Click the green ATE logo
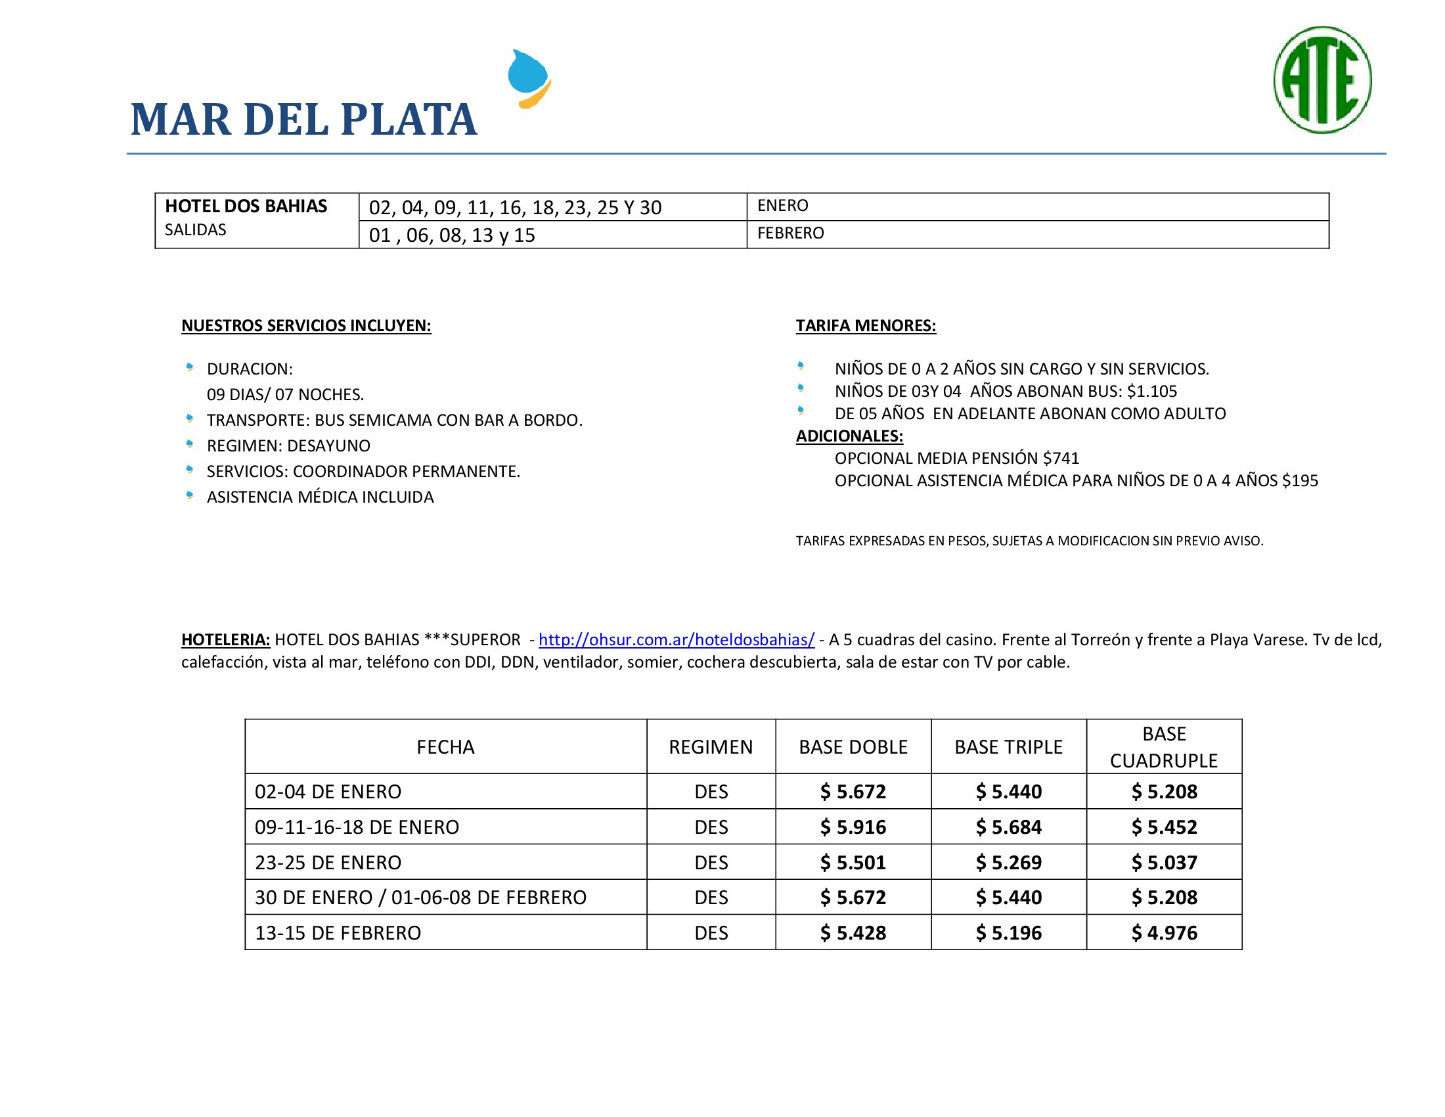[x=1322, y=80]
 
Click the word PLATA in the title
[x=409, y=120]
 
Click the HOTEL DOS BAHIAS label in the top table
[x=246, y=206]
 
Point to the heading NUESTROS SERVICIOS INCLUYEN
[x=305, y=325]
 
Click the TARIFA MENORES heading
[x=866, y=325]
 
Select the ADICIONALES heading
[x=849, y=436]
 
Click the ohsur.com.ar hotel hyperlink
[x=676, y=640]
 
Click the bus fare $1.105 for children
[x=1152, y=391]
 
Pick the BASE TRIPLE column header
[x=1008, y=747]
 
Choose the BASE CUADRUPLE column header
[x=1163, y=747]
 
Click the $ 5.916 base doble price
[x=852, y=827]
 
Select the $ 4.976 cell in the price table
[x=1164, y=933]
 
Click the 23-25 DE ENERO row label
[x=328, y=863]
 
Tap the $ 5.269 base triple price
[x=1008, y=863]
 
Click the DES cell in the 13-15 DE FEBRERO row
[x=711, y=933]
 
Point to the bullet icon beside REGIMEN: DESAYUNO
[x=190, y=444]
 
